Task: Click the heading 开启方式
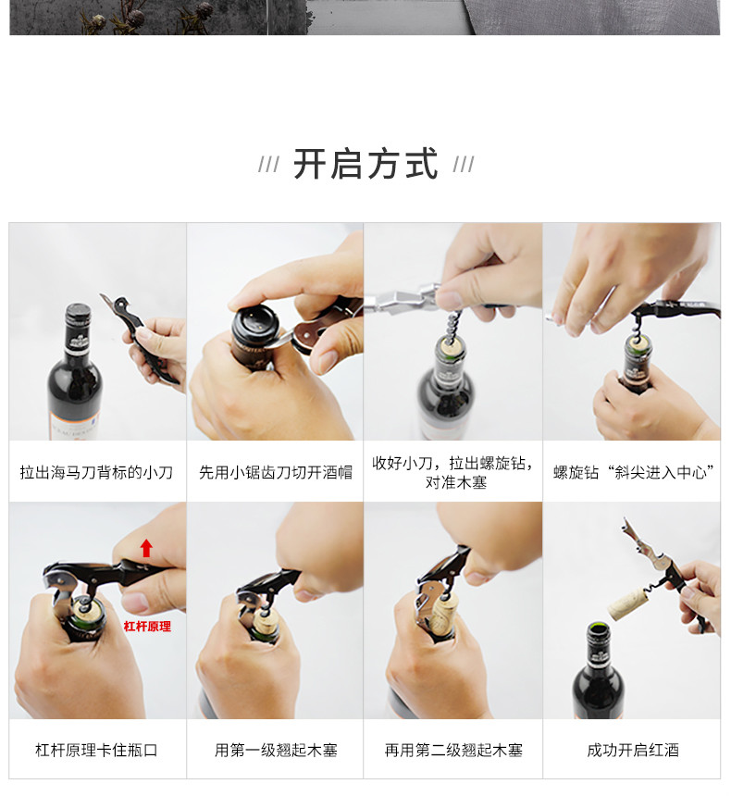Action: pos(365,164)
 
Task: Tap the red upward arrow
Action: pos(146,548)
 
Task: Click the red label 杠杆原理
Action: pos(147,627)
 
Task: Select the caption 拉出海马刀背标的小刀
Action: pos(96,472)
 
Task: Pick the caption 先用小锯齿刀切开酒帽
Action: pos(276,472)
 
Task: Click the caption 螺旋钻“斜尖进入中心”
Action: pos(634,472)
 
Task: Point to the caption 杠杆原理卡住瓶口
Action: pos(96,750)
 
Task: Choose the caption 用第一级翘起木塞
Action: pos(276,750)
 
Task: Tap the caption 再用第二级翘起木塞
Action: pos(453,750)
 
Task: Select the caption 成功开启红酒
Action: pos(633,750)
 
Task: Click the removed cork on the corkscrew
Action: pos(627,603)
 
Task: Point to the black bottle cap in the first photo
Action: pos(78,316)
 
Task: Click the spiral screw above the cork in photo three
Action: pos(452,326)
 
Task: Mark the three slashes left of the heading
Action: pos(268,165)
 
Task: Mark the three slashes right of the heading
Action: pos(464,165)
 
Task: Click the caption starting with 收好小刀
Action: pos(453,472)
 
